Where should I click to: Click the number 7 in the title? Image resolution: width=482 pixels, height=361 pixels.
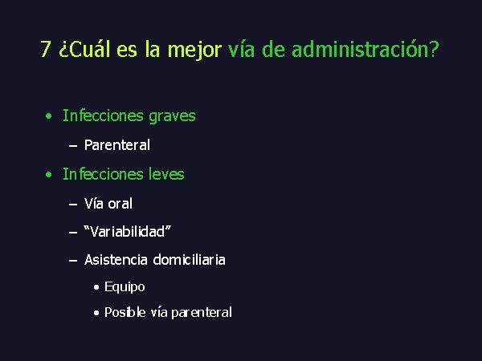[x=45, y=49]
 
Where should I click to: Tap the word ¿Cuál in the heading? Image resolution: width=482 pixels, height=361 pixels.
[x=84, y=48]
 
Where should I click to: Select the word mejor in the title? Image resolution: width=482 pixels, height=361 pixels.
[x=194, y=50]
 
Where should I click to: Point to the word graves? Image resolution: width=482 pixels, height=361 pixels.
[x=172, y=117]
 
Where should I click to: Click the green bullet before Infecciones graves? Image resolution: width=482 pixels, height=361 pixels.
[x=48, y=116]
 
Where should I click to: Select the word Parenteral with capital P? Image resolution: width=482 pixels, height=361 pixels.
[x=117, y=145]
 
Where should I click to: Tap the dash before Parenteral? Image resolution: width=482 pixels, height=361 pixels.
[x=73, y=145]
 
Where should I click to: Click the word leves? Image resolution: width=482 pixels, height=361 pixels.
[x=166, y=174]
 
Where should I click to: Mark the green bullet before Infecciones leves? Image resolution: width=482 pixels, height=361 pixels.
[x=48, y=175]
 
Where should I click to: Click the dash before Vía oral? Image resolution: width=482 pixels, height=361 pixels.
[x=73, y=204]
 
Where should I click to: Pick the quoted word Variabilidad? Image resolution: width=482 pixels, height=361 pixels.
[x=127, y=232]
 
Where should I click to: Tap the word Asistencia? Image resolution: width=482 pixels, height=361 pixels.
[x=116, y=260]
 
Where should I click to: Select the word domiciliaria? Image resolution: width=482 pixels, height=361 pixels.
[x=189, y=260]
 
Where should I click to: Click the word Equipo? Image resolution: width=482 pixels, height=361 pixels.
[x=125, y=287]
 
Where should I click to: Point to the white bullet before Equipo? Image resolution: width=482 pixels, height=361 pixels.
[x=96, y=287]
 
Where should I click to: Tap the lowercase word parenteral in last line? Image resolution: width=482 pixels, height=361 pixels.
[x=202, y=313]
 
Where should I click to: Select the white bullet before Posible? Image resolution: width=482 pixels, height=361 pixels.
[x=96, y=313]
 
